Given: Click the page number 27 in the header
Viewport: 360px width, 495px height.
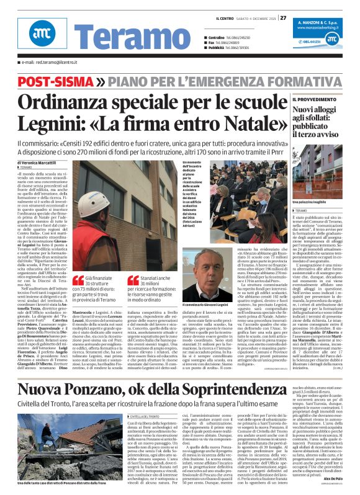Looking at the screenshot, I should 283,18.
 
